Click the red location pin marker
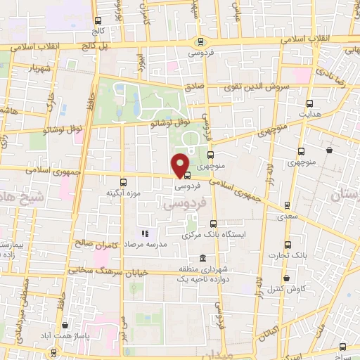[x=181, y=165]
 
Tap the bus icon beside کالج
[x=98, y=20]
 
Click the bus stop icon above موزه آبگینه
[x=124, y=181]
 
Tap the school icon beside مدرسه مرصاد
[x=145, y=233]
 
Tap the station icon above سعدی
[x=287, y=205]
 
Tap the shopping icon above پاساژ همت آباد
[x=65, y=325]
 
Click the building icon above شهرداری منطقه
[x=203, y=257]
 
